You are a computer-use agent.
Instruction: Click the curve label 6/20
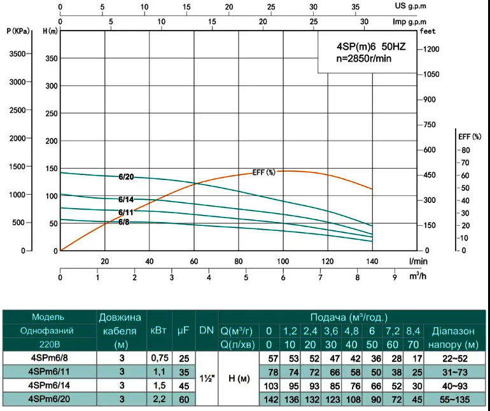click(x=126, y=177)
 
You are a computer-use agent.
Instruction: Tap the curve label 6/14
click(x=126, y=199)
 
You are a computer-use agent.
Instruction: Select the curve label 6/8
click(x=123, y=222)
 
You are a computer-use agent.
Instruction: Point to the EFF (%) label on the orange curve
click(x=264, y=172)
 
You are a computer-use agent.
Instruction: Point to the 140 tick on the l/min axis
click(x=372, y=261)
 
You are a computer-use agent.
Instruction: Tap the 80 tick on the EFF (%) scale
click(x=466, y=150)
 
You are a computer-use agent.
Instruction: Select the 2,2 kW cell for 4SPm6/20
click(x=161, y=400)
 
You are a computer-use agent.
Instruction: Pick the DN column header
click(x=206, y=330)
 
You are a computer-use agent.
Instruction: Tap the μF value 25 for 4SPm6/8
click(x=184, y=358)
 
